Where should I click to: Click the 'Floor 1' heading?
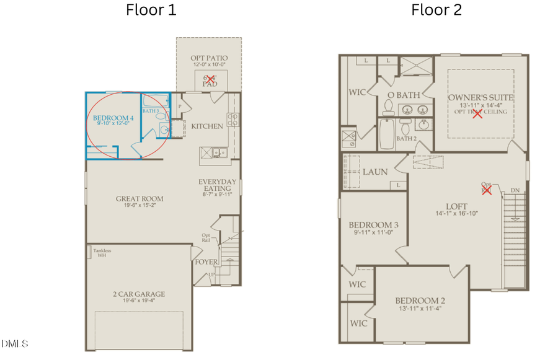[x=151, y=10]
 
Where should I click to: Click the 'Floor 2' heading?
[x=436, y=10]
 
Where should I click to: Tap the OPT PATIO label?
[x=208, y=58]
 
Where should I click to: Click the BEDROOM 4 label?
[x=113, y=118]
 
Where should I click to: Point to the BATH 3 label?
[x=151, y=111]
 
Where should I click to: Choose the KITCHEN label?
[x=206, y=126]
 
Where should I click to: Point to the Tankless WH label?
[x=102, y=253]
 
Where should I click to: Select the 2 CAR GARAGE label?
[x=139, y=294]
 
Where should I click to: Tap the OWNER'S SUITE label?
[x=480, y=97]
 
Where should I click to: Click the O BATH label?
[x=404, y=95]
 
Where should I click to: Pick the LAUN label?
[x=375, y=171]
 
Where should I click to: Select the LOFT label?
[x=456, y=206]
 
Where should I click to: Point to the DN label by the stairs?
[x=515, y=190]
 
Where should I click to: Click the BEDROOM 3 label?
[x=373, y=225]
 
